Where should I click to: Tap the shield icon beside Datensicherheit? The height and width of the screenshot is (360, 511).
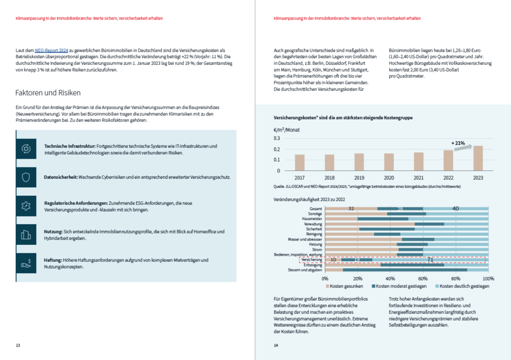[25, 178]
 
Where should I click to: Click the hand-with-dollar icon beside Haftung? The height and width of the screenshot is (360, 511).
[25, 263]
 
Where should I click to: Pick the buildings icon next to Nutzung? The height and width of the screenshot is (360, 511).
[25, 235]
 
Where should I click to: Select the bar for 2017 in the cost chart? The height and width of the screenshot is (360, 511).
[299, 162]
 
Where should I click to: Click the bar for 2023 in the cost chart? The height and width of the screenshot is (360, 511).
[478, 158]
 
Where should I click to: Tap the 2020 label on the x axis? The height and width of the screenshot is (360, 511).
[389, 178]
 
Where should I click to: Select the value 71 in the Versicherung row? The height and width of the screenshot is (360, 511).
[430, 259]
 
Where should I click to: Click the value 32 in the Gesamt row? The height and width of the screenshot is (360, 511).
[351, 208]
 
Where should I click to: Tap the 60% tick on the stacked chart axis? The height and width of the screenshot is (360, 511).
[423, 279]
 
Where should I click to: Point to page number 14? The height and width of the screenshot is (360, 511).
[276, 345]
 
